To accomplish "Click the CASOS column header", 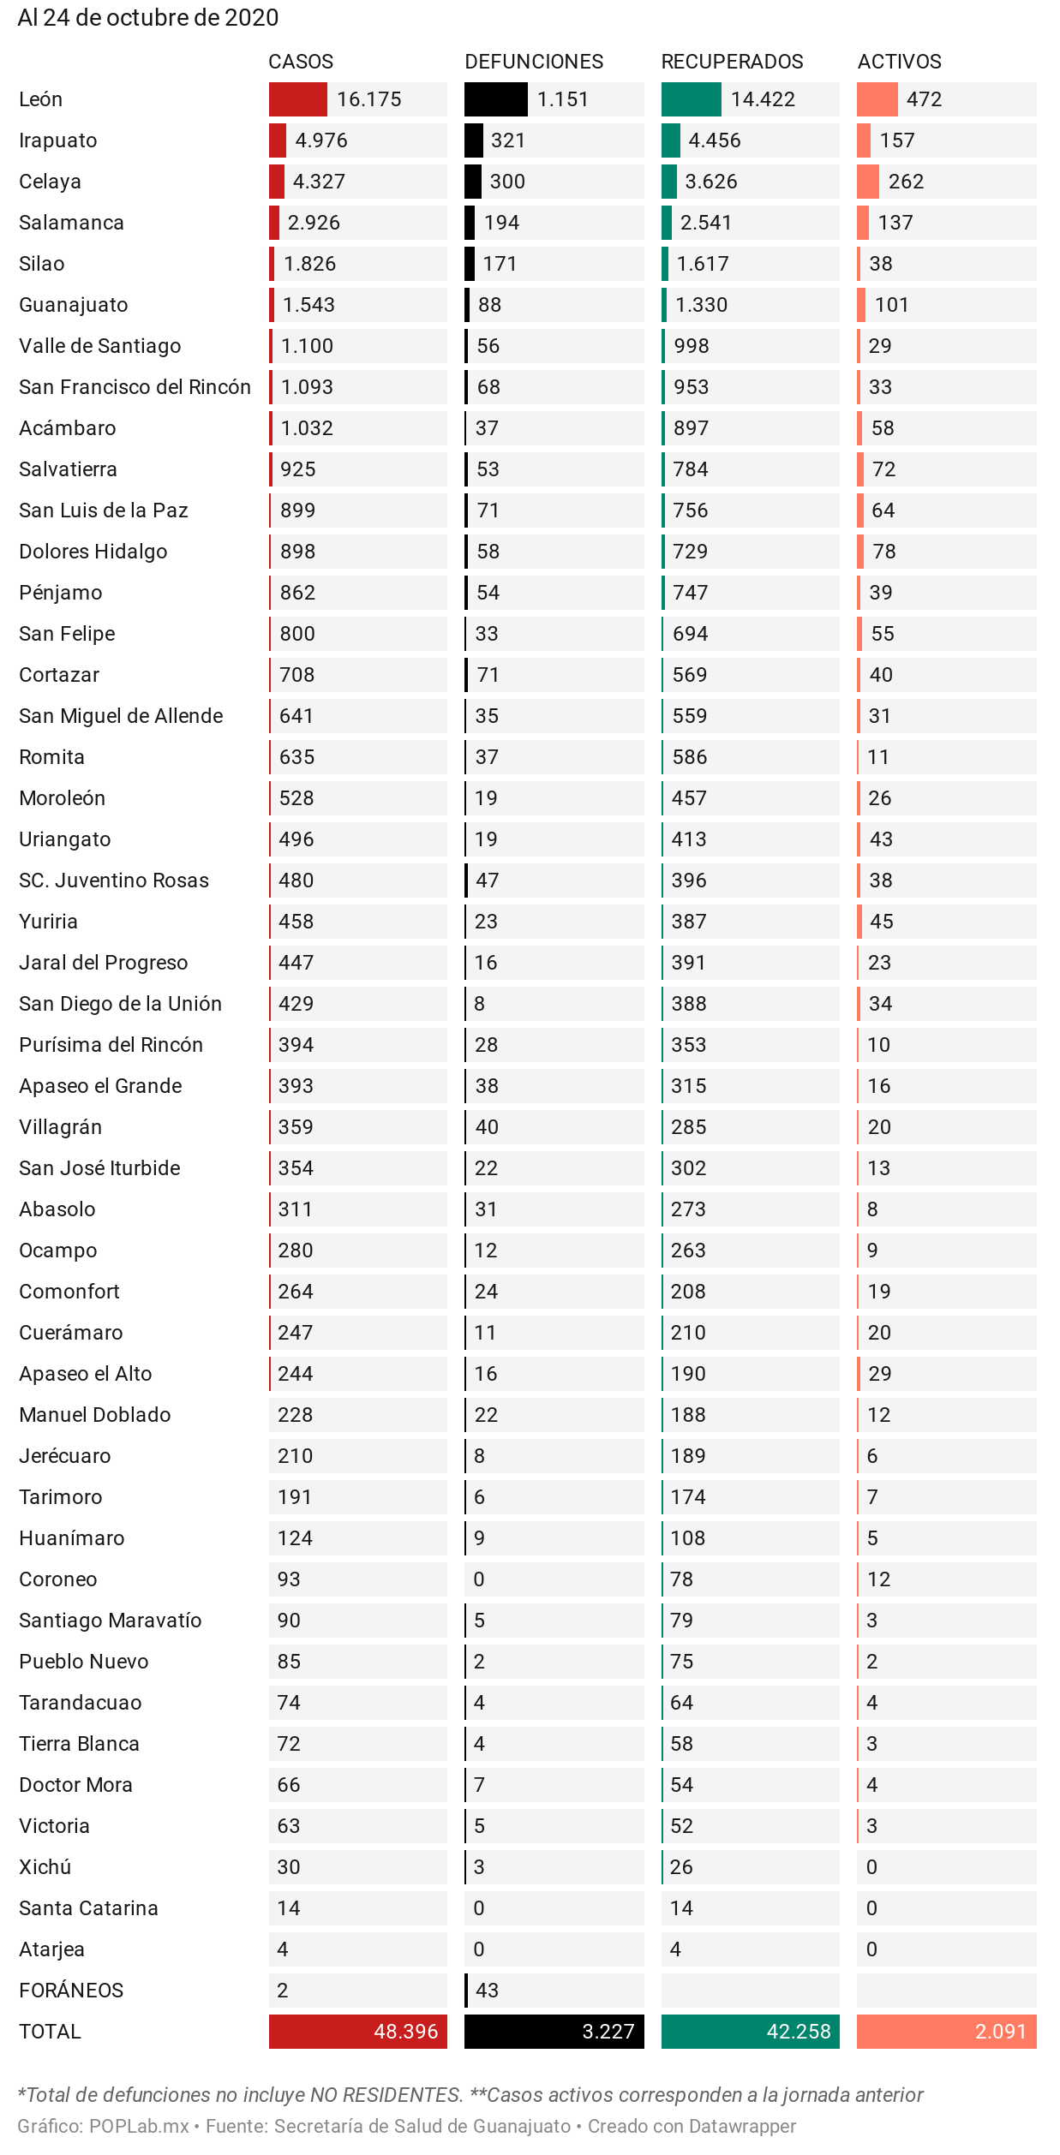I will coord(301,62).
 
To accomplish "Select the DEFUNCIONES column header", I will coord(534,62).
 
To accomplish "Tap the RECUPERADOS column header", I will coord(732,62).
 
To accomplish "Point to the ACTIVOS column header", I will coord(899,62).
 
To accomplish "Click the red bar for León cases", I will coord(297,99).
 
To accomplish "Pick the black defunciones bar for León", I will coord(495,99).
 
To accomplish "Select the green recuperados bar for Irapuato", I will coord(670,140).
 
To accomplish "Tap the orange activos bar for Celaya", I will coord(867,182).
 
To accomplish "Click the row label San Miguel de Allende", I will coord(121,716).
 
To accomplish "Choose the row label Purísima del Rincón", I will coord(111,1045).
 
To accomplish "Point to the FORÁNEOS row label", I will coord(71,1991).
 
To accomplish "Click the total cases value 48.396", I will coord(405,2032).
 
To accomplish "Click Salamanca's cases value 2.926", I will coord(314,223).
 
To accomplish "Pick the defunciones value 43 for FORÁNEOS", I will coord(487,1991).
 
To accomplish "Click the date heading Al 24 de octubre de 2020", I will coord(148,17).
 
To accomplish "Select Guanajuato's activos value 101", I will coord(891,305).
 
